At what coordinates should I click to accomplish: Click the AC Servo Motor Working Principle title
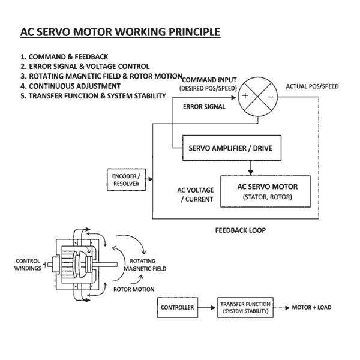pos(120,31)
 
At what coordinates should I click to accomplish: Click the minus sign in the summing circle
pos(271,96)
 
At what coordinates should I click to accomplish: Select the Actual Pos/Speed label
pos(311,86)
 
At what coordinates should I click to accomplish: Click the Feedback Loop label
pos(240,230)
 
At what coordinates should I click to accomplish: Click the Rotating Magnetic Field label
pos(144,265)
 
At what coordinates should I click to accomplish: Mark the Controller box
pos(177,308)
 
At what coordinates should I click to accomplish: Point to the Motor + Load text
pos(311,308)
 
